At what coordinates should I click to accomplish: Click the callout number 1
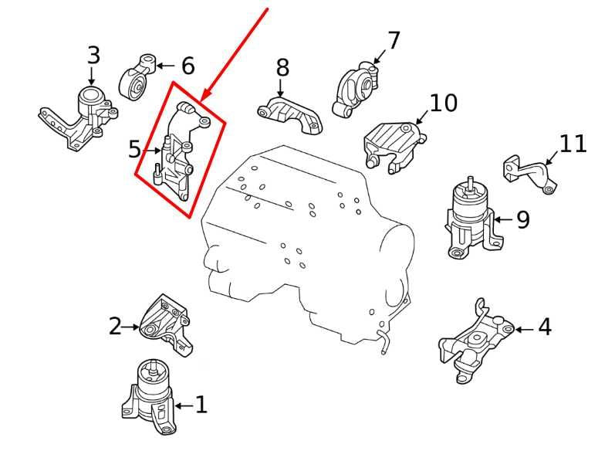[x=201, y=405]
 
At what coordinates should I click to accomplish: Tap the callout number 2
[x=115, y=327]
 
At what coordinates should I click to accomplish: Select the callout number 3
[x=93, y=56]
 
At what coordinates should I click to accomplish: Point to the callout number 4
[x=544, y=327]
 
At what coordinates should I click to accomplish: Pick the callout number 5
[x=135, y=149]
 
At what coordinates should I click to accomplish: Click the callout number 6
[x=188, y=66]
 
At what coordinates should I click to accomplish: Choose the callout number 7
[x=394, y=41]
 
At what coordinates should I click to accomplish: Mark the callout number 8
[x=282, y=69]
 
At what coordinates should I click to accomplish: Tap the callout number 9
[x=522, y=221]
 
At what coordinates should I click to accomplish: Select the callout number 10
[x=443, y=103]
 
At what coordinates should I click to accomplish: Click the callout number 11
[x=573, y=144]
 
